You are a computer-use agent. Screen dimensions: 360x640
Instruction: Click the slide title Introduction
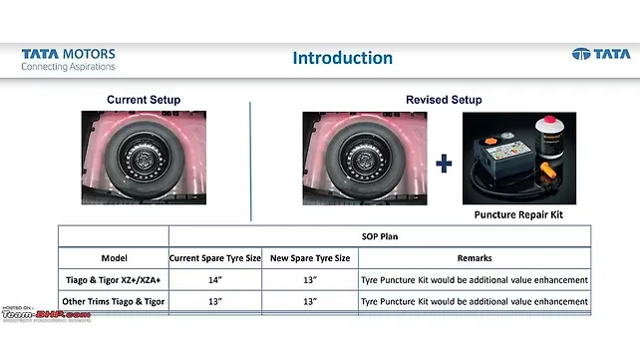tap(342, 58)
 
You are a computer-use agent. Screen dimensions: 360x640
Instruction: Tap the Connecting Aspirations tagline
tap(68, 67)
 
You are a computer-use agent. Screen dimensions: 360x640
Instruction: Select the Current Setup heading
tap(143, 100)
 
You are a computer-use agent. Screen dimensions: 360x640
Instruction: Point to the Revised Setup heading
tap(444, 100)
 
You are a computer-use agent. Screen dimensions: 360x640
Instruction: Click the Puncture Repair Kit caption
tap(518, 213)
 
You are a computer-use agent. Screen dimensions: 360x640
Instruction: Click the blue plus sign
tap(445, 163)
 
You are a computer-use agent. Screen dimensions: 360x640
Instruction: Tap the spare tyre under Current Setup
tap(144, 158)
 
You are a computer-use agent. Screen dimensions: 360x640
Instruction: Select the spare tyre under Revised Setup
tap(366, 158)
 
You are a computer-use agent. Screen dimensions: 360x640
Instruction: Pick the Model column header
tap(114, 258)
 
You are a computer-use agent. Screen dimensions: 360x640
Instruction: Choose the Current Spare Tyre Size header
tap(215, 258)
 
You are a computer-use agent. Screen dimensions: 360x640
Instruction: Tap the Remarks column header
tap(474, 258)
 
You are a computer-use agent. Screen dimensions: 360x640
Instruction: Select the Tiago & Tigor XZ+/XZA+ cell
tap(114, 280)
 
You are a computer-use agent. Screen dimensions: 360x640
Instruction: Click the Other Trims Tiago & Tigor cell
tap(114, 301)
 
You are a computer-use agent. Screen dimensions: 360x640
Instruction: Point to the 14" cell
tap(215, 280)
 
